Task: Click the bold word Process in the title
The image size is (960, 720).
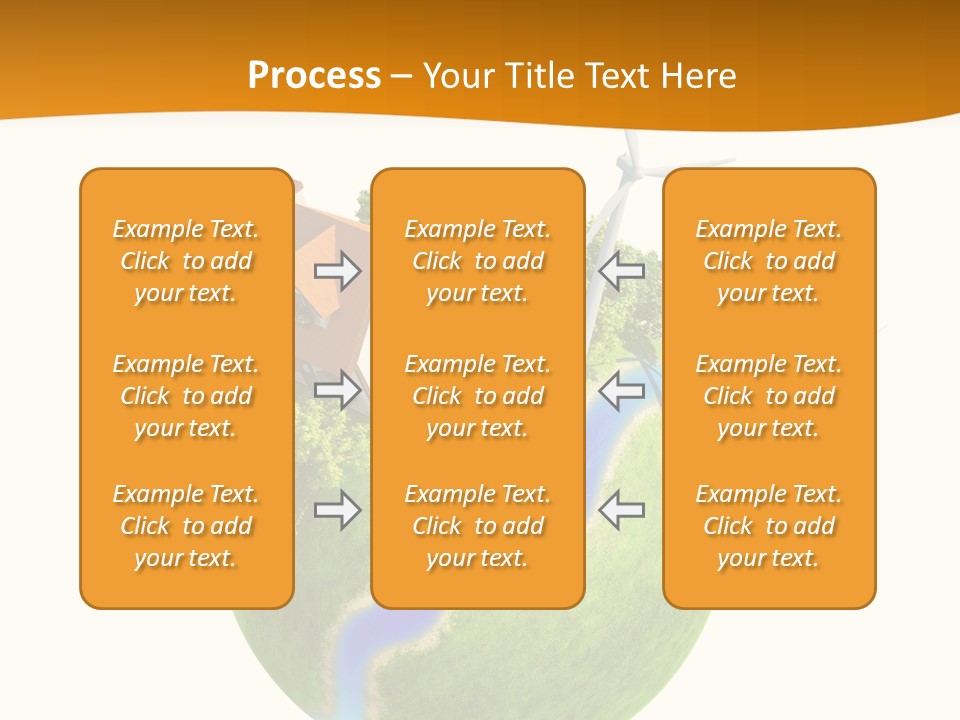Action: click(x=314, y=76)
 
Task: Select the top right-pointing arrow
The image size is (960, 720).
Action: click(x=337, y=270)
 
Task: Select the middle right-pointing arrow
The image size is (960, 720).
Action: click(x=337, y=389)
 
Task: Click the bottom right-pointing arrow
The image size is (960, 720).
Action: click(x=337, y=510)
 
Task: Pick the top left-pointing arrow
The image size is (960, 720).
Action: click(x=621, y=270)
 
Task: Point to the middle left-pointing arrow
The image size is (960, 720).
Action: click(x=621, y=389)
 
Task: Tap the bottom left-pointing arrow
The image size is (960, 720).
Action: click(x=621, y=510)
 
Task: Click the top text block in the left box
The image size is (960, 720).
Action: click(x=186, y=261)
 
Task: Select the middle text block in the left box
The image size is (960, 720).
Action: click(x=186, y=396)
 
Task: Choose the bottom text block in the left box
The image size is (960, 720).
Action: click(x=186, y=526)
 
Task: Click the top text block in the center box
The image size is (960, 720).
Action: click(x=477, y=261)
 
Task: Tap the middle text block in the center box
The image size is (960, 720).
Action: click(x=477, y=396)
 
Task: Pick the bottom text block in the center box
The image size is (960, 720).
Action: click(x=477, y=526)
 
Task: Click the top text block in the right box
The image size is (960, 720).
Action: click(x=768, y=261)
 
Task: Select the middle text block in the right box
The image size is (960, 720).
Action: click(x=768, y=396)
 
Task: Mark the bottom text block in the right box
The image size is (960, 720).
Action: click(x=768, y=526)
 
